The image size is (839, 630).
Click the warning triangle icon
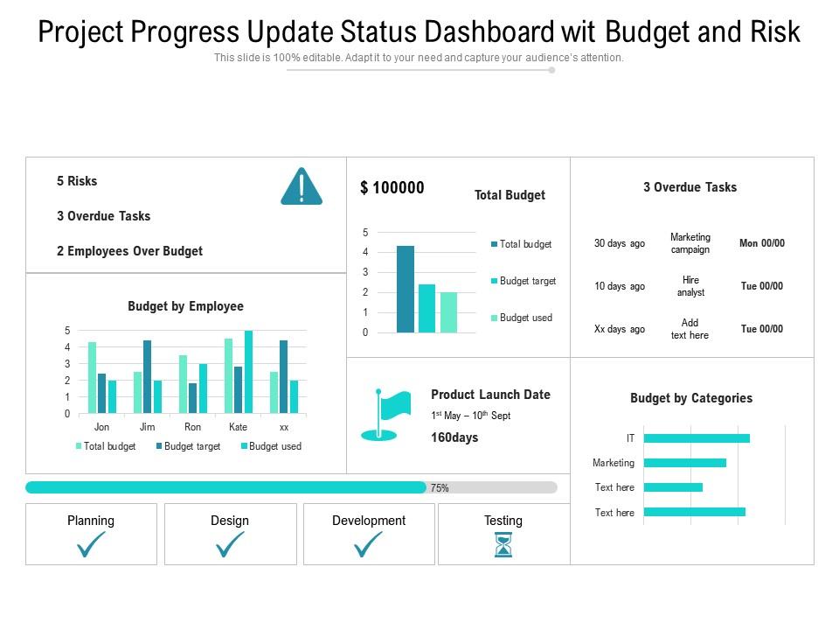coord(302,187)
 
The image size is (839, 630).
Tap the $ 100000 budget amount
coord(392,188)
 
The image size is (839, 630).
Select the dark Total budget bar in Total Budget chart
coord(405,289)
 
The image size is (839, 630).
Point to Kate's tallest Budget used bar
coord(249,372)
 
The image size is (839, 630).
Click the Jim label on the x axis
coord(148,427)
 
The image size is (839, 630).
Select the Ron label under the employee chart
coord(193,427)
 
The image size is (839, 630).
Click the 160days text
coord(454,437)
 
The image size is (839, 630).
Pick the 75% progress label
coord(440,488)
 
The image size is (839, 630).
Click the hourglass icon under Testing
coord(503,545)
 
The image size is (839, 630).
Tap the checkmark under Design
coord(230,544)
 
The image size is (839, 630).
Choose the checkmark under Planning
coord(91,544)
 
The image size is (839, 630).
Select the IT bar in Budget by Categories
coord(697,438)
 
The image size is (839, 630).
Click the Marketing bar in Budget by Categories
coord(684,463)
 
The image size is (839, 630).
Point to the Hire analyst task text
coord(690,286)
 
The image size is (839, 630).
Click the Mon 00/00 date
coord(762,243)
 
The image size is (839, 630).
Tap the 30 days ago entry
coord(620,243)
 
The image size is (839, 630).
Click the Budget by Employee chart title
coord(185,306)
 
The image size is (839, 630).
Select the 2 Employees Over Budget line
coord(129,251)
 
